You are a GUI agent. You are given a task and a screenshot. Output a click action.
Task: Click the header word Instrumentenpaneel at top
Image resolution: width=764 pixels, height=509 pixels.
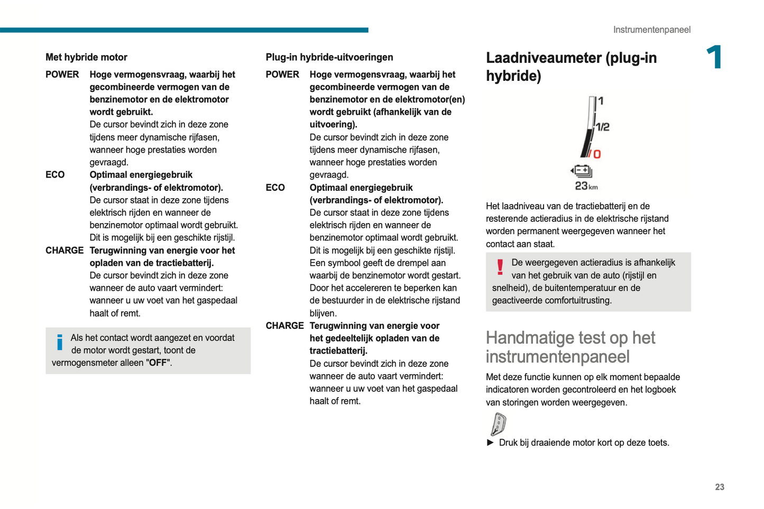[651, 30]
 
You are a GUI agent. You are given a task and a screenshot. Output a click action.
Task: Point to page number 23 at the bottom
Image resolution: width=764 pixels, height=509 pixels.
[719, 487]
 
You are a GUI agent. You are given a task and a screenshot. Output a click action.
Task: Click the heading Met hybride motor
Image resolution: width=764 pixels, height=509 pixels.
[86, 57]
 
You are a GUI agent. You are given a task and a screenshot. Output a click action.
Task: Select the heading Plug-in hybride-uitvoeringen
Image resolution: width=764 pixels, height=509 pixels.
[329, 57]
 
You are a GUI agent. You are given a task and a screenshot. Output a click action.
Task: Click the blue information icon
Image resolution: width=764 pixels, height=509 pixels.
[60, 342]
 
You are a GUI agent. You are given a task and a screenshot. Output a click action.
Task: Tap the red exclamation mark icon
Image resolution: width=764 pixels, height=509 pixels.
[500, 266]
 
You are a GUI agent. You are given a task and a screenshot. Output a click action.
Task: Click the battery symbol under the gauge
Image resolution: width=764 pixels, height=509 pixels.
[582, 171]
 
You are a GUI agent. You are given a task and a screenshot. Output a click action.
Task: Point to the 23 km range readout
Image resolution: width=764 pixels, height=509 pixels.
[586, 186]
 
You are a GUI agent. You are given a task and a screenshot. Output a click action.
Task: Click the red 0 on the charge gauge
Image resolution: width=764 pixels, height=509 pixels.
[597, 154]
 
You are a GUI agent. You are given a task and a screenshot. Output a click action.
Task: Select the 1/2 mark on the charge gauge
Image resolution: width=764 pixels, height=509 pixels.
[603, 127]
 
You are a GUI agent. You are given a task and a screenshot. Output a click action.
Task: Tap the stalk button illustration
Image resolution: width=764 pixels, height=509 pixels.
[498, 424]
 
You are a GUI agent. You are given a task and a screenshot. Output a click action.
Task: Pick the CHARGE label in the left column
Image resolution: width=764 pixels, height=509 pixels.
[65, 251]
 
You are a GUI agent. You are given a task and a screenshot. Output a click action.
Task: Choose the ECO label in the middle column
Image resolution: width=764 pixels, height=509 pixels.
[275, 188]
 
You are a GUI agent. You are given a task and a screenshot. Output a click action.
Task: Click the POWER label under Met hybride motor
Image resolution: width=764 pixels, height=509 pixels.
[62, 75]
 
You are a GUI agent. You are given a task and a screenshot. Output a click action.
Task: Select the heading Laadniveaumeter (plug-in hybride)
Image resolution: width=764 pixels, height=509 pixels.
[571, 67]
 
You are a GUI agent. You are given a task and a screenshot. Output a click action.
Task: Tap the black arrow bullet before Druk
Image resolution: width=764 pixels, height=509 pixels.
[490, 442]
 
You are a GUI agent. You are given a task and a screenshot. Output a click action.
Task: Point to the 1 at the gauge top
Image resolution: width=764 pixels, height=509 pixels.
[601, 100]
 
